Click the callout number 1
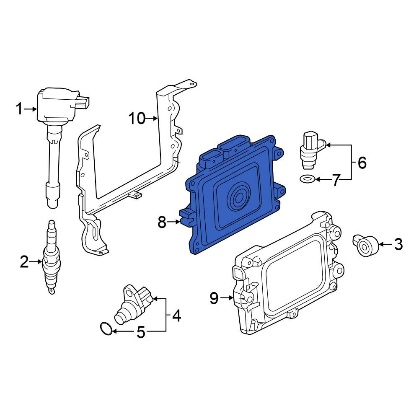19,109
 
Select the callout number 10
137,119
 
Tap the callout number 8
162,222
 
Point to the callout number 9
214,298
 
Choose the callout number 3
398,244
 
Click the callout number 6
362,163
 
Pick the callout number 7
336,180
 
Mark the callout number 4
176,316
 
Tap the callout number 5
141,332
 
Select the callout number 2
24,262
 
